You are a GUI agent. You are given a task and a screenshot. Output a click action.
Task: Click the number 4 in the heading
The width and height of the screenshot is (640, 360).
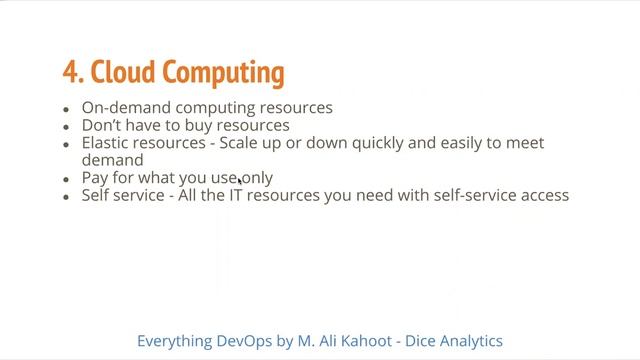click(x=69, y=73)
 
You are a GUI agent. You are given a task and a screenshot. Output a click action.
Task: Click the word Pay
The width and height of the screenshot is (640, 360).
click(x=96, y=178)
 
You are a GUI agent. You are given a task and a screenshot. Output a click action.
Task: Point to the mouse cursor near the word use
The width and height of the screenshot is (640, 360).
click(x=240, y=180)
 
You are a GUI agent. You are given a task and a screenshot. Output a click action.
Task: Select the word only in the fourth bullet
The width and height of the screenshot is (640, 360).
click(x=254, y=178)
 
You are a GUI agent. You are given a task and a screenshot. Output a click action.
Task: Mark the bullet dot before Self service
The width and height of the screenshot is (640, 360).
click(x=66, y=197)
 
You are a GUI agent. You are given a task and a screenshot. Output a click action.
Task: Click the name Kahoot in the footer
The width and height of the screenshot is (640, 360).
click(x=379, y=341)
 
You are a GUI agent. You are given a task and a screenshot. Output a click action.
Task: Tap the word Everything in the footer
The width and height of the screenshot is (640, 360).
click(x=174, y=341)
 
